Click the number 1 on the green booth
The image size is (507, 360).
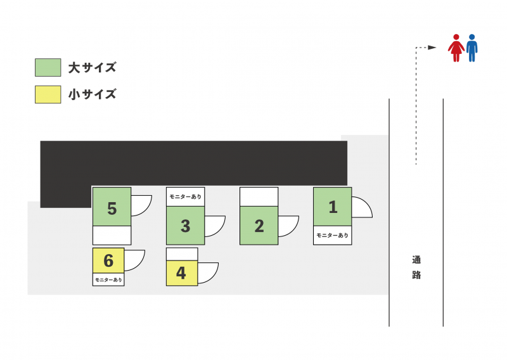[333, 207]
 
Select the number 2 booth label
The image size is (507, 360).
[259, 226]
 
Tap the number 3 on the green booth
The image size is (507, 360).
[185, 226]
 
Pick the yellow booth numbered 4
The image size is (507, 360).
[181, 273]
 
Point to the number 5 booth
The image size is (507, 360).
[112, 209]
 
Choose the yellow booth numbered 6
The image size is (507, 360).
[108, 260]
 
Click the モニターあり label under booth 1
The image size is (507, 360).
[332, 235]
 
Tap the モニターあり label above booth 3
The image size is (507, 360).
[185, 196]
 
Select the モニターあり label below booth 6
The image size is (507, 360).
[108, 279]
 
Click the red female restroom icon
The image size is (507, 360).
[456, 48]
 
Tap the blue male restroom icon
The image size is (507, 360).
[472, 48]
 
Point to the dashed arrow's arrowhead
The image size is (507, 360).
[432, 48]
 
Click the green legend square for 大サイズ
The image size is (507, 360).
[48, 67]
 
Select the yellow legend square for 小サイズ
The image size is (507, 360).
[48, 94]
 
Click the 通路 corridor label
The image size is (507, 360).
[416, 267]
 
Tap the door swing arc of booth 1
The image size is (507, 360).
[361, 207]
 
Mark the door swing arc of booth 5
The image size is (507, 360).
[141, 205]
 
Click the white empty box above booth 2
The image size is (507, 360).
[259, 196]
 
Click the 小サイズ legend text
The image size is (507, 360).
[92, 94]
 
